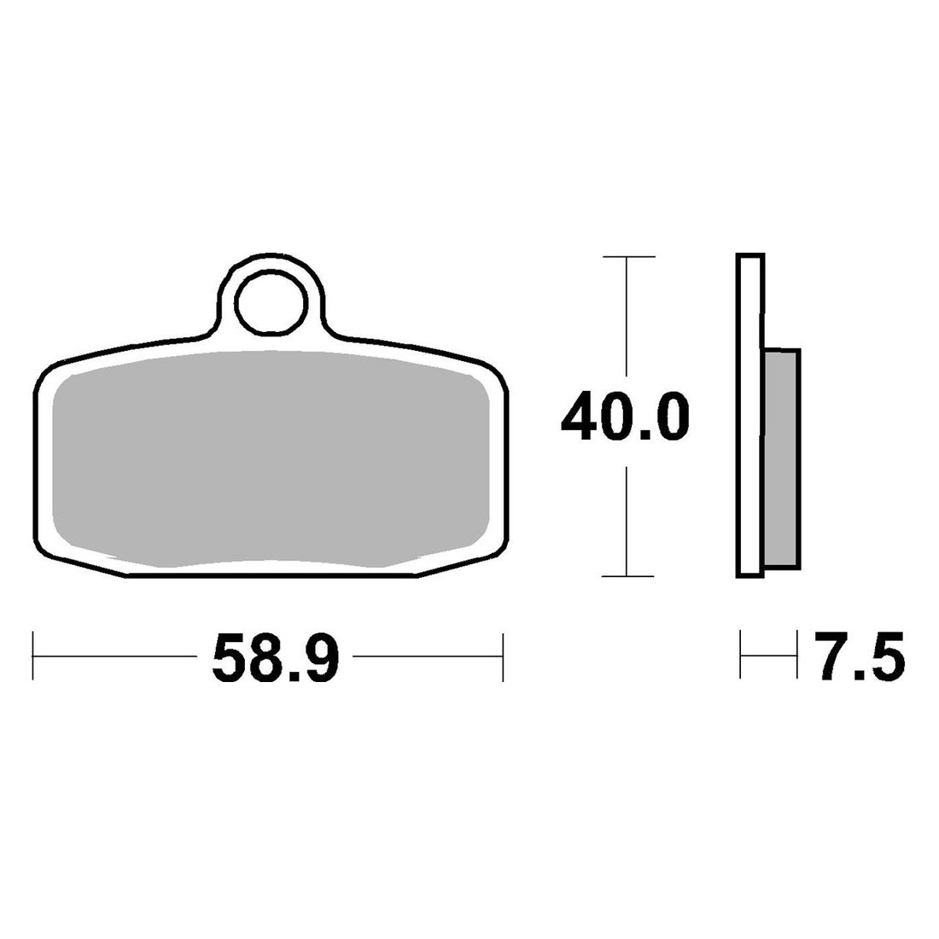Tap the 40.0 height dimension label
pos(626,417)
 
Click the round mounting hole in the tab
pos(271,302)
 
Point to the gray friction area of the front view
pos(271,458)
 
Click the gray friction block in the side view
pos(781,458)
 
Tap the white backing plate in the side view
pos(749,417)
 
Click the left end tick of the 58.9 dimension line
pos(33,656)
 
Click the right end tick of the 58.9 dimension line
pos(503,656)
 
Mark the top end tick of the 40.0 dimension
pos(629,257)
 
